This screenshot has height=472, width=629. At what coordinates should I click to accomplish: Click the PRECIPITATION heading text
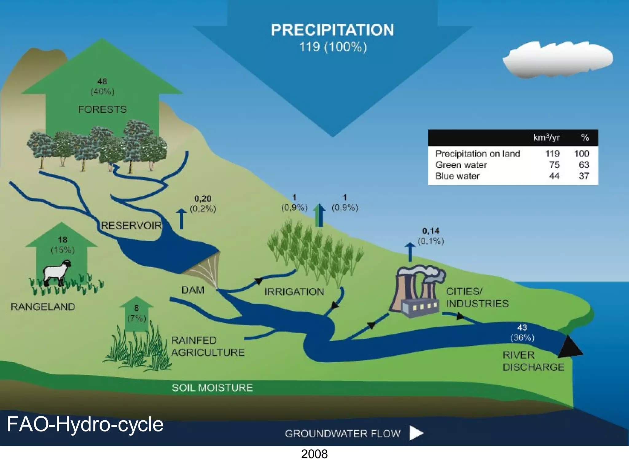[332, 30]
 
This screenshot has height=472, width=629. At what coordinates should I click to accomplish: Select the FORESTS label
[102, 109]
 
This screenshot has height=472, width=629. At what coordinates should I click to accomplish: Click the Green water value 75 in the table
[554, 165]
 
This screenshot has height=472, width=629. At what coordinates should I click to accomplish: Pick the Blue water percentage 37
[584, 176]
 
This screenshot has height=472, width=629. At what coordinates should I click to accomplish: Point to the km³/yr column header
[546, 137]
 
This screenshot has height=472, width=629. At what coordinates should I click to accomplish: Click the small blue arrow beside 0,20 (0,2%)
[181, 219]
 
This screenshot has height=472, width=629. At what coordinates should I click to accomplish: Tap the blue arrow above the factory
[410, 252]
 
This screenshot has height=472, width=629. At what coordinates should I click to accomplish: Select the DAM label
[193, 290]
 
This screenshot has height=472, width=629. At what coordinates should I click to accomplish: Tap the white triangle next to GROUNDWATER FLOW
[416, 433]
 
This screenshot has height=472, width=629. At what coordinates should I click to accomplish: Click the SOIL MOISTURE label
[212, 388]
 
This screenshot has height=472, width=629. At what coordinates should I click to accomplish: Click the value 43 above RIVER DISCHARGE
[522, 328]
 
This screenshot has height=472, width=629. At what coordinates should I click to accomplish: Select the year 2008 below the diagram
[314, 454]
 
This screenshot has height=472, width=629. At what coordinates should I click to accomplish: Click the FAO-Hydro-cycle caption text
[85, 424]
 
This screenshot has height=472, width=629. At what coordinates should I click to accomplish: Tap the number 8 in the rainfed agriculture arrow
[136, 308]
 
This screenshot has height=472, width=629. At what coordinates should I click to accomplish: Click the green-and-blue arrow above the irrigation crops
[319, 216]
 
